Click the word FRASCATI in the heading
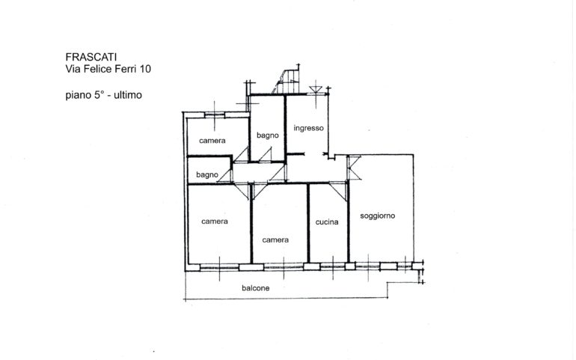click(x=91, y=57)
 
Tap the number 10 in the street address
click(x=145, y=69)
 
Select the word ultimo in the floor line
click(x=128, y=95)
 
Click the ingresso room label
click(x=308, y=128)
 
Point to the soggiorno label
click(x=377, y=216)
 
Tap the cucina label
click(x=327, y=222)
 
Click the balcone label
click(x=256, y=288)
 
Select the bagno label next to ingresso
click(x=268, y=135)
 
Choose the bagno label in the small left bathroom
click(x=207, y=174)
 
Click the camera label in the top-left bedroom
click(x=212, y=141)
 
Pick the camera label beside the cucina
click(x=275, y=240)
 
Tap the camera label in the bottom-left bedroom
click(x=215, y=221)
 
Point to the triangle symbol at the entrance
click(x=316, y=90)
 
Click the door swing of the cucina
click(x=339, y=191)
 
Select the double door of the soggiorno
click(x=354, y=168)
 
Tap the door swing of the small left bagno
click(x=226, y=175)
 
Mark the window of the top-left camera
click(x=215, y=115)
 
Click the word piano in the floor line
click(x=79, y=95)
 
